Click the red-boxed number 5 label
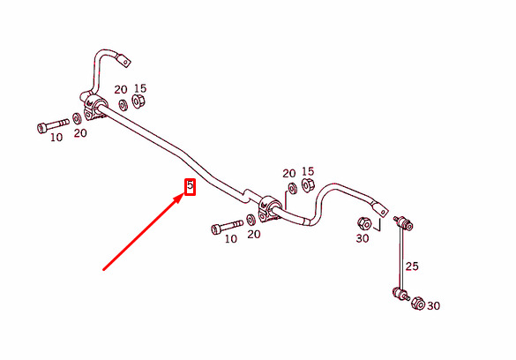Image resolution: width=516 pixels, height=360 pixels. tap(190, 186)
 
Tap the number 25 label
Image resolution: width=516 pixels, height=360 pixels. tap(412, 266)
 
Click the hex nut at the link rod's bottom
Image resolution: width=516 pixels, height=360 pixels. tap(418, 304)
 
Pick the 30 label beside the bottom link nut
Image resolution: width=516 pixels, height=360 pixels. tap(433, 306)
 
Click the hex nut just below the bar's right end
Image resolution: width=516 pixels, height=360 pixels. tap(364, 223)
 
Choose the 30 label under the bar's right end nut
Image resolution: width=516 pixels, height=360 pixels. tap(363, 238)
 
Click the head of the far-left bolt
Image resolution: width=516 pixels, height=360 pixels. tap(42, 128)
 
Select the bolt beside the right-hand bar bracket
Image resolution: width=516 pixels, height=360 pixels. tap(227, 227)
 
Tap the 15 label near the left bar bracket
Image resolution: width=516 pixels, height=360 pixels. tap(140, 88)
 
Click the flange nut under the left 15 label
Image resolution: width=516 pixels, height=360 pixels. tap(138, 101)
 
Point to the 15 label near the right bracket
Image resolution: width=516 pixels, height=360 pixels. tap(308, 171)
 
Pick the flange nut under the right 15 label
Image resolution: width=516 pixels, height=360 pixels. tap(308, 185)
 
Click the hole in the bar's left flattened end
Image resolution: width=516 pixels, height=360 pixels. tap(126, 62)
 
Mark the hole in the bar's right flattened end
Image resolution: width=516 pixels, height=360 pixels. tap(383, 212)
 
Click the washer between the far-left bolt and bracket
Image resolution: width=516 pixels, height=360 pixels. tap(77, 118)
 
